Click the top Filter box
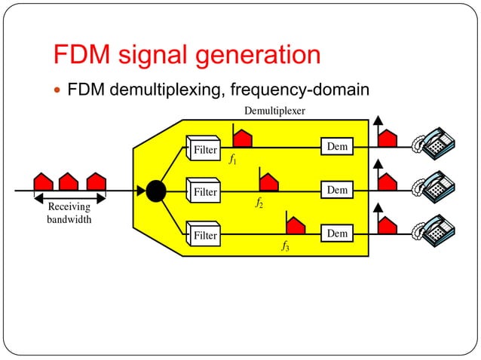tap(204, 148)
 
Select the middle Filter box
tap(204, 191)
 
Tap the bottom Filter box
tap(204, 234)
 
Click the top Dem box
tap(337, 146)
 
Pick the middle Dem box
tap(337, 190)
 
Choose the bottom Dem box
tap(337, 233)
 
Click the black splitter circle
tap(155, 191)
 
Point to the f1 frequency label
tap(233, 160)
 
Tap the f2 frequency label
tap(259, 203)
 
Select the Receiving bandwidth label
tap(69, 212)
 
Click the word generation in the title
tap(250, 55)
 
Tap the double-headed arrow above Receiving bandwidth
tap(69, 197)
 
